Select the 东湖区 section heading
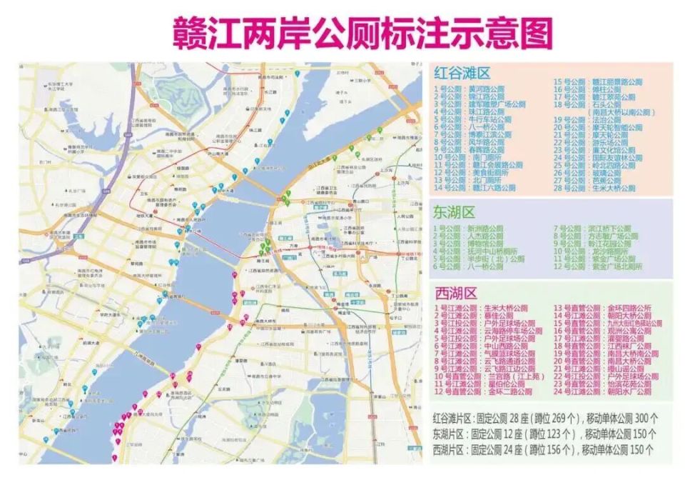click(454, 211)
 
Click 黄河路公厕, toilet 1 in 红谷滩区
click(491, 90)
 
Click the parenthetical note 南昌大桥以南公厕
click(620, 112)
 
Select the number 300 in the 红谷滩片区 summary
click(641, 417)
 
